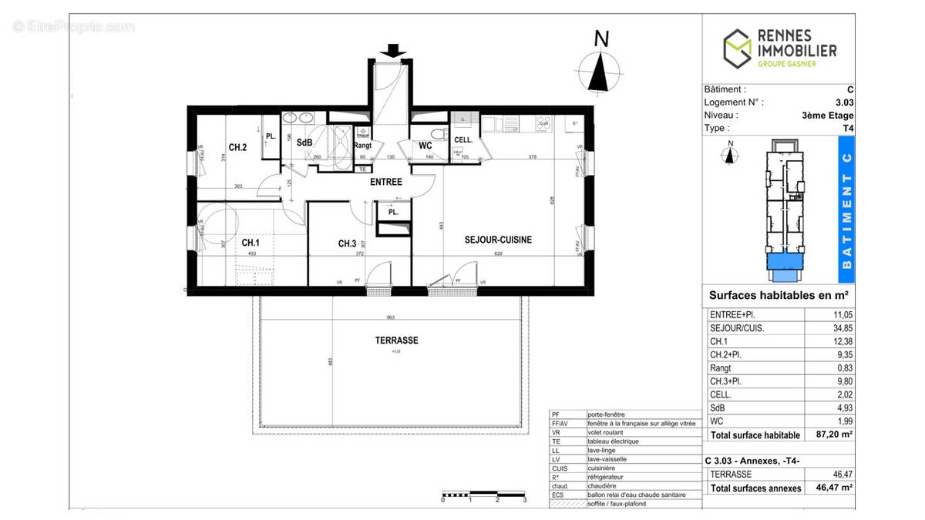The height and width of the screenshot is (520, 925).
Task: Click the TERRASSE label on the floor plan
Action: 396,340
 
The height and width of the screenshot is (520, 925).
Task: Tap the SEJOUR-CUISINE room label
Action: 498,240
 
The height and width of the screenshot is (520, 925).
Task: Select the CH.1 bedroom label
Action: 251,243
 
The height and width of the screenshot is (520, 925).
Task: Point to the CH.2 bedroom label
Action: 237,147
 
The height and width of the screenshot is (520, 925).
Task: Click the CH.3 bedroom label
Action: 347,243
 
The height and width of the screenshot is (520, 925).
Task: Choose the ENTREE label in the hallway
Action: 385,182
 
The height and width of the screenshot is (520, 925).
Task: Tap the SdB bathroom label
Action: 304,143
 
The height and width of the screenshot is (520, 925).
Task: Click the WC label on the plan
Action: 425,145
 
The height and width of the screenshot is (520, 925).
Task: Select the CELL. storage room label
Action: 463,139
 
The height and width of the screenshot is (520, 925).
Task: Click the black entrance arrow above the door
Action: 393,51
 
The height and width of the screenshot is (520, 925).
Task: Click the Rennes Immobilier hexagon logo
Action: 737,48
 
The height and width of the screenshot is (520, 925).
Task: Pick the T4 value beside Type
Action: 848,128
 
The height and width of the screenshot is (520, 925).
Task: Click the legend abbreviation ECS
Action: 558,495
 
